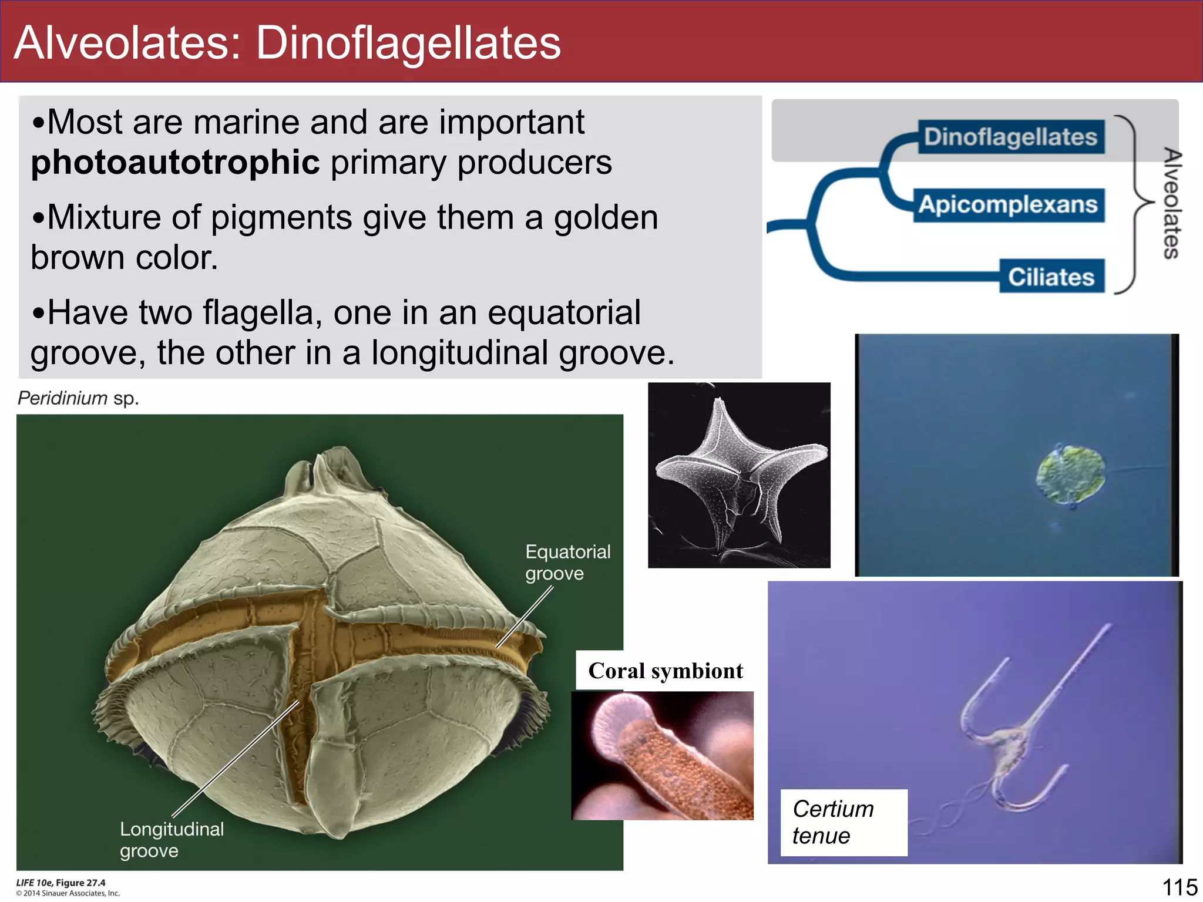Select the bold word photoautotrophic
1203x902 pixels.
175,162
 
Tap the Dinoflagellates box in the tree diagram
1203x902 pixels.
1010,137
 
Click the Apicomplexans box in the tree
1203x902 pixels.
1008,205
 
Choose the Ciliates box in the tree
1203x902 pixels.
1051,277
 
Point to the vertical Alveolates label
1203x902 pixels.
1172,203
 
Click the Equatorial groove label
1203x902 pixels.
567,562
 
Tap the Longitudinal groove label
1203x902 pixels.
172,840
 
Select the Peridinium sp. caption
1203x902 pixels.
78,398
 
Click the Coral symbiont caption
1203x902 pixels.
665,671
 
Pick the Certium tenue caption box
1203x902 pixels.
843,822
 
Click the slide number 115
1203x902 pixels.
1180,887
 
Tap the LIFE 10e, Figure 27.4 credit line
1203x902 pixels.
61,883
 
